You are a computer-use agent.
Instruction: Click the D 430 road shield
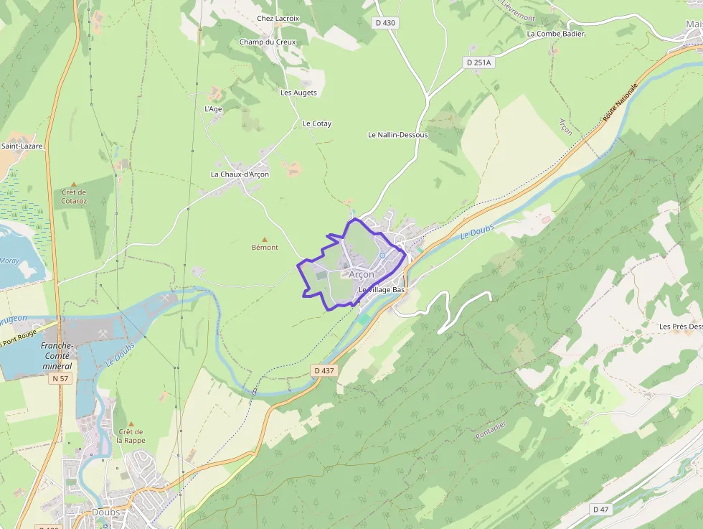(385, 23)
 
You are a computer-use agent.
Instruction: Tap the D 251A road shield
(479, 62)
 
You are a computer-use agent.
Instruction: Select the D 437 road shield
(324, 370)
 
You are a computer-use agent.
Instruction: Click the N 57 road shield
(60, 378)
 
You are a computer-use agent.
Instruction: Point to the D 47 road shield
(601, 509)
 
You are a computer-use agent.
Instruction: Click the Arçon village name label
(362, 274)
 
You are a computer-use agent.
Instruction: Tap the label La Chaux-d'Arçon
(240, 174)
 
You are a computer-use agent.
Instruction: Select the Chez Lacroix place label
(278, 18)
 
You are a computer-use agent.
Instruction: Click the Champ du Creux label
(267, 42)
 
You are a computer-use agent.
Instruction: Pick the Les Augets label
(298, 93)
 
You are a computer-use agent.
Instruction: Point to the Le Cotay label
(317, 123)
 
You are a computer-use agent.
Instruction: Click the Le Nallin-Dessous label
(397, 135)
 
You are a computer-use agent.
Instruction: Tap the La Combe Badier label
(555, 34)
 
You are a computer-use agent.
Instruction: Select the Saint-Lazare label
(22, 146)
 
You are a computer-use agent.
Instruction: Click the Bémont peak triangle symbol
(265, 239)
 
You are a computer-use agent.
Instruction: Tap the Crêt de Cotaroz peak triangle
(73, 184)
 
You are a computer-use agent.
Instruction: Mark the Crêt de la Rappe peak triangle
(131, 423)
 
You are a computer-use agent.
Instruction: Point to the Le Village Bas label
(382, 289)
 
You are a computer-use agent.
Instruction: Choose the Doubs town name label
(105, 512)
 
